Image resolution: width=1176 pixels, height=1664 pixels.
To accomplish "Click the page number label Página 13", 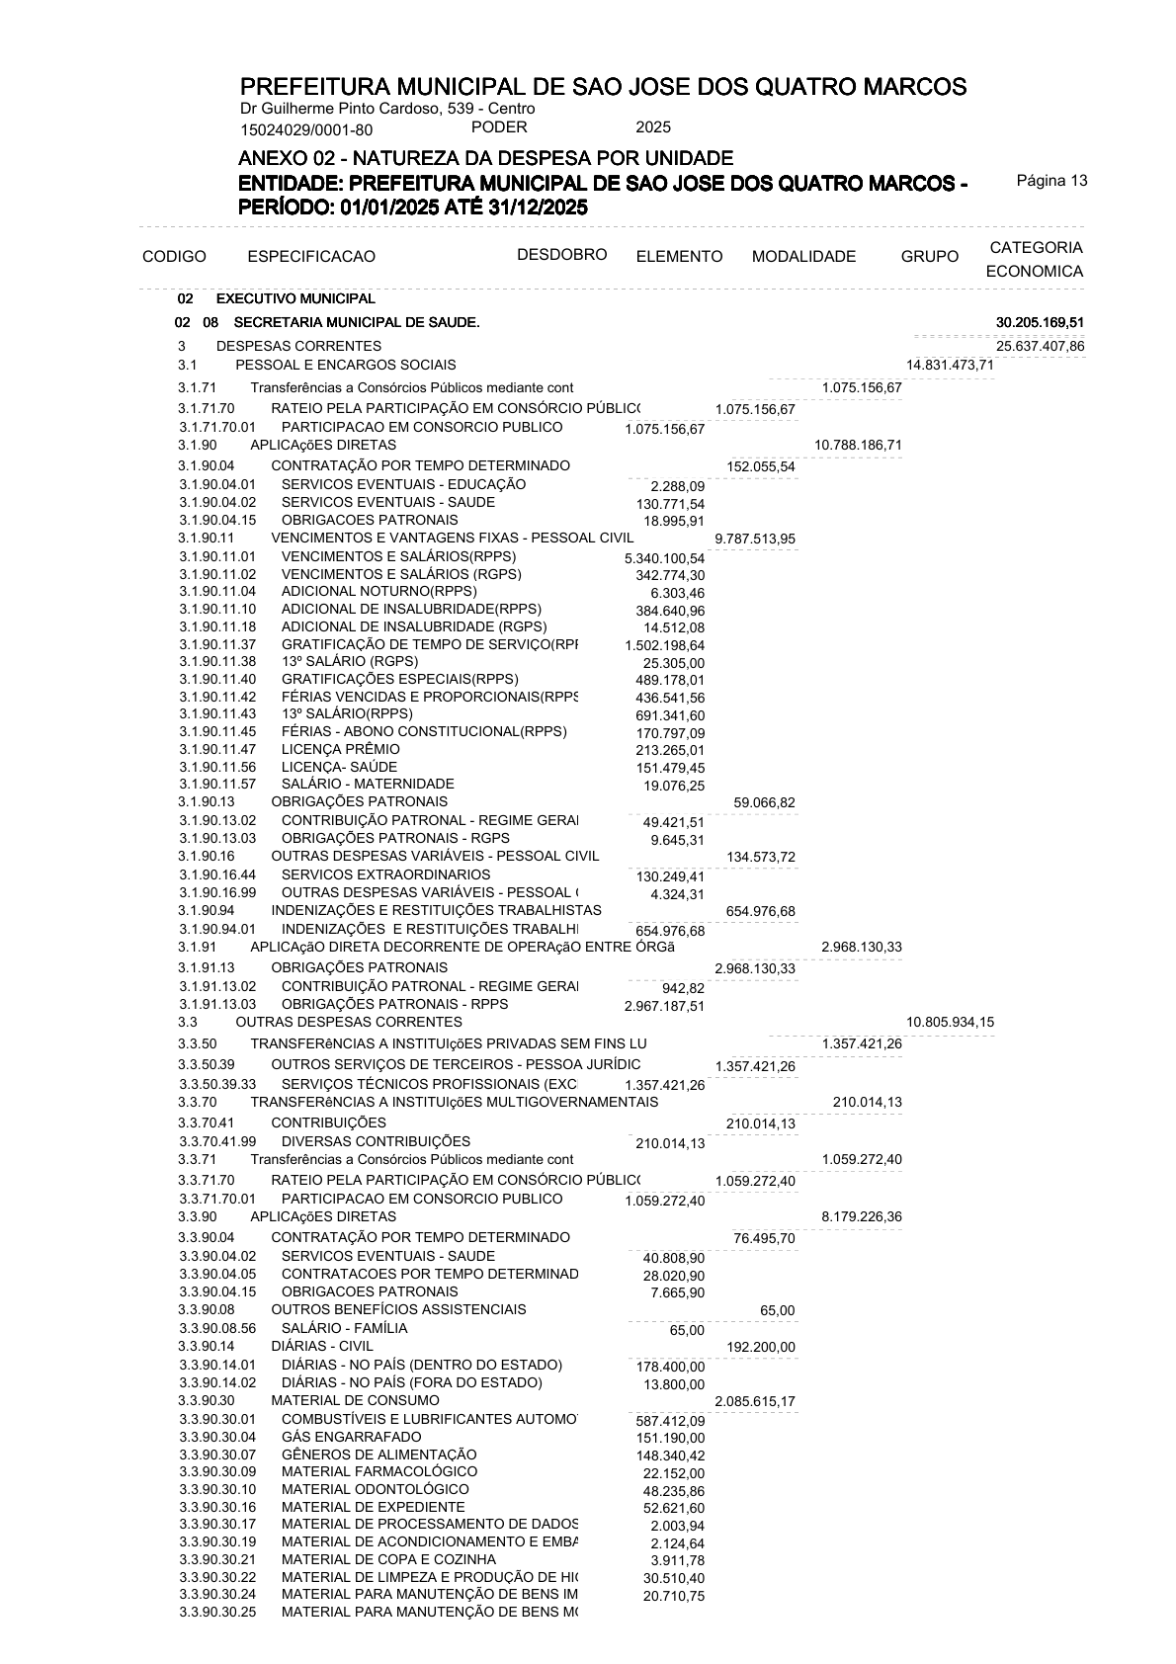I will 1051,181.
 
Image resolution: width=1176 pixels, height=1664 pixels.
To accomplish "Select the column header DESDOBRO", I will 561,255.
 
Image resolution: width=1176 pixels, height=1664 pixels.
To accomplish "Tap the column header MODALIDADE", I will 803,257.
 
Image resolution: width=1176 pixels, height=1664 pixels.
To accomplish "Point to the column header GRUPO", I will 929,257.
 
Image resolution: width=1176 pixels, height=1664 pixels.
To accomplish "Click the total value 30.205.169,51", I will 1040,322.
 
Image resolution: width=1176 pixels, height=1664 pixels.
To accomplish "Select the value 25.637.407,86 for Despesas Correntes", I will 1040,346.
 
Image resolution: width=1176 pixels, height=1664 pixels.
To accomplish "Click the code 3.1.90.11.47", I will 217,750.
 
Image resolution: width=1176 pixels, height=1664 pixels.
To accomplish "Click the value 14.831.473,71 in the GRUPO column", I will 950,366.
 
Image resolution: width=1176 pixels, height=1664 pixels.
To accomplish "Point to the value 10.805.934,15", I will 950,1022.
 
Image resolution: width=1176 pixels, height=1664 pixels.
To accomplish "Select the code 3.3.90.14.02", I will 217,1382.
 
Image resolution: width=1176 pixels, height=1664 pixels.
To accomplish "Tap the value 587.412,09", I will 671,1421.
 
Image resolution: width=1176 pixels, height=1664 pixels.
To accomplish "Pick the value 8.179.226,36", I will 861,1217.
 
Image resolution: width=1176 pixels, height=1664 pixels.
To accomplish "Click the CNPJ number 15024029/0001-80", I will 306,129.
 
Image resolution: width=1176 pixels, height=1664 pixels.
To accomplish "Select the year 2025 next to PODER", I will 653,127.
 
